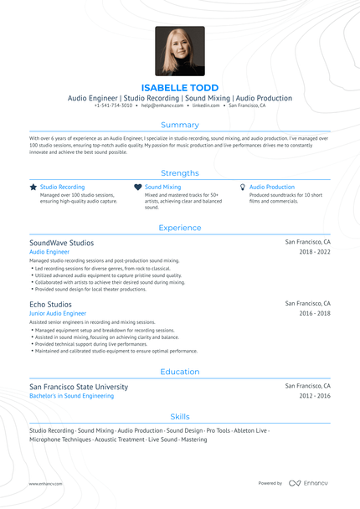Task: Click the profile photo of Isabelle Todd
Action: click(179, 51)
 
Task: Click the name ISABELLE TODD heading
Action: click(180, 88)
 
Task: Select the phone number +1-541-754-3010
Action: click(113, 106)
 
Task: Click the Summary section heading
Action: click(180, 125)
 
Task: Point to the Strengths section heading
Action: click(180, 172)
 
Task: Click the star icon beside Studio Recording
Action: click(33, 188)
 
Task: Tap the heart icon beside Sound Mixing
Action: click(137, 188)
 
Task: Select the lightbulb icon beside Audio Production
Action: click(242, 188)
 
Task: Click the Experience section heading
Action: click(180, 228)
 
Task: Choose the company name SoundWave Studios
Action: click(62, 243)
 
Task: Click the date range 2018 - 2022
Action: click(315, 251)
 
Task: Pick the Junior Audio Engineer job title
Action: click(58, 313)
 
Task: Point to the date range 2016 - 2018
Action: click(315, 313)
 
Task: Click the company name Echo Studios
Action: click(50, 304)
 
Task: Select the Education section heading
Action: click(180, 372)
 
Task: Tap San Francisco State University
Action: click(79, 387)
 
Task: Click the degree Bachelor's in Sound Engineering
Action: click(71, 396)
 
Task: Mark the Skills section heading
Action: click(180, 416)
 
